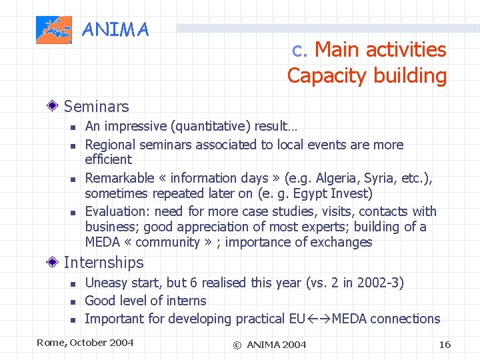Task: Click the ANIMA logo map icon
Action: click(x=54, y=30)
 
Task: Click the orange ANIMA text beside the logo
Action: click(x=115, y=30)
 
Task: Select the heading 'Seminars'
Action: click(x=96, y=106)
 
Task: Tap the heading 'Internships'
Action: click(x=103, y=263)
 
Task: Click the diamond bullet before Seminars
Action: click(x=54, y=106)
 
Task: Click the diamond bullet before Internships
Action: click(x=54, y=263)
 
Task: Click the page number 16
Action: click(x=445, y=344)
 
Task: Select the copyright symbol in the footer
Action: click(x=237, y=345)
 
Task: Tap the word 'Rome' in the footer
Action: click(x=50, y=343)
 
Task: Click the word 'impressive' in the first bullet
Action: click(x=137, y=126)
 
